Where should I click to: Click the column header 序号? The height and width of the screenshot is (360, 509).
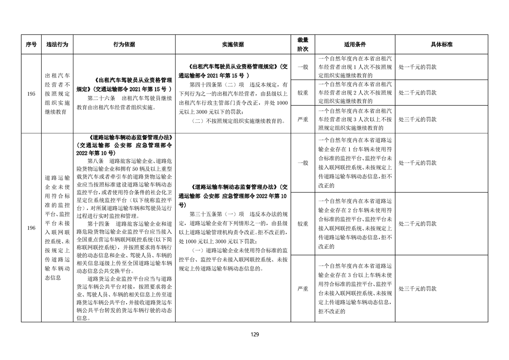[31, 44]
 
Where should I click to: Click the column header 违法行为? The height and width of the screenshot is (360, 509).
[57, 44]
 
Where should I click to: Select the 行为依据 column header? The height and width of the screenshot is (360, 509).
[124, 44]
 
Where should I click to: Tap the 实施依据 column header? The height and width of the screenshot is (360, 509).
[233, 44]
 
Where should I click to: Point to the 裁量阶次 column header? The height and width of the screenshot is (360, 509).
[303, 44]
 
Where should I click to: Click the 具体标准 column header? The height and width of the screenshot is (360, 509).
[441, 44]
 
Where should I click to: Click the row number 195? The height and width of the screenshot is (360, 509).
[31, 93]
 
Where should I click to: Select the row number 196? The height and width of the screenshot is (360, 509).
[31, 227]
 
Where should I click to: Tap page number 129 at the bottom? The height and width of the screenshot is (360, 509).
[254, 335]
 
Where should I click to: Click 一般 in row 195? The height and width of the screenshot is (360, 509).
[303, 67]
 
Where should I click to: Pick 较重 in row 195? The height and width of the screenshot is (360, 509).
[303, 93]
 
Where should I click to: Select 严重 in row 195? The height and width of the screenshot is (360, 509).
[303, 119]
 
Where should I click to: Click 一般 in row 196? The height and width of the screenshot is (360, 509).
[303, 163]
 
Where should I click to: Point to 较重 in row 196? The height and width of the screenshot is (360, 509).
[303, 224]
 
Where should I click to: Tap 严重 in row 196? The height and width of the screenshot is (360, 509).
[303, 288]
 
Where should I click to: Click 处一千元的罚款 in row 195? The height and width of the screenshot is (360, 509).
[417, 67]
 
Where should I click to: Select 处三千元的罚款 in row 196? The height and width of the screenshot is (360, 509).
[417, 288]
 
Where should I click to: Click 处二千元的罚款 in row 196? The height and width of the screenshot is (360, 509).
[417, 224]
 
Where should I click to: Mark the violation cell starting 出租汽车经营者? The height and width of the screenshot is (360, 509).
[57, 93]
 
